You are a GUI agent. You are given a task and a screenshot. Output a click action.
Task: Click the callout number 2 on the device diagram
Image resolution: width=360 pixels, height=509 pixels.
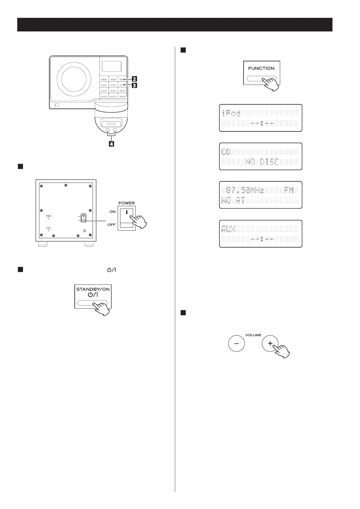pos(134,79)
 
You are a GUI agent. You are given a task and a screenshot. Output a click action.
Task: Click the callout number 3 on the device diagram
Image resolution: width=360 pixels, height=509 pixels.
pos(134,85)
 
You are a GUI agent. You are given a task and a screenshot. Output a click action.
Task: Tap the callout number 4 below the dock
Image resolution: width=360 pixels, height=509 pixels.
pos(112,144)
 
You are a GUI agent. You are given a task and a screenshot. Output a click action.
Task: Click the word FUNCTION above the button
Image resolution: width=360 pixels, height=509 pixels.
pos(261,68)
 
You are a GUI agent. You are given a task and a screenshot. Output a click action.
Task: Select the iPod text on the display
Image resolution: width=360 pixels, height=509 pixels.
pos(231,113)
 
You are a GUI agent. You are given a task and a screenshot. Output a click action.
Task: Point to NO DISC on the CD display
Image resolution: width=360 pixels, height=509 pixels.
pos(262,162)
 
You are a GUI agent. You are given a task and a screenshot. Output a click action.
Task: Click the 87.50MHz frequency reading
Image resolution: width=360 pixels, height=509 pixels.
pos(245,191)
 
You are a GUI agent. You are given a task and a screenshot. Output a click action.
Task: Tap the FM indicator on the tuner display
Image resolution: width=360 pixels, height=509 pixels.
pos(289,191)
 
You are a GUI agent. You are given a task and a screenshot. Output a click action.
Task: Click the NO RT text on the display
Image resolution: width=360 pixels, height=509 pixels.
pos(233,200)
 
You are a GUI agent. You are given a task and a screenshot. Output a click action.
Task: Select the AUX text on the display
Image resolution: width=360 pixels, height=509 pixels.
pos(229,229)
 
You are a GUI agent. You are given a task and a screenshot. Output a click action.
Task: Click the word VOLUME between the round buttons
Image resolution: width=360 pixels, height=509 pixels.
pos(253,335)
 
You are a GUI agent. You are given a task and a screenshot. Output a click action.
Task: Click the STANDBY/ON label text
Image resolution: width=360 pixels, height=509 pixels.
pos(93,289)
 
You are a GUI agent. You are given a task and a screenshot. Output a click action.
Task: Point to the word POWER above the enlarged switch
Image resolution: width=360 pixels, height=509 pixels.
pos(126,203)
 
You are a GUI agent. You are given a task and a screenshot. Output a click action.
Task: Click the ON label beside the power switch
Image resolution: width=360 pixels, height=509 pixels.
pos(113,212)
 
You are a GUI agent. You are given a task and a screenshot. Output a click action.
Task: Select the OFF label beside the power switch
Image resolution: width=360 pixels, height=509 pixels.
pos(112,225)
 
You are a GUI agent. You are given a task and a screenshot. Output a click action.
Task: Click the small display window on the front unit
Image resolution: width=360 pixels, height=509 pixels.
pos(111,66)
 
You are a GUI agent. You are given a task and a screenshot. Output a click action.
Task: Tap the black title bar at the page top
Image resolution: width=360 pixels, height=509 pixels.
pos(175,24)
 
